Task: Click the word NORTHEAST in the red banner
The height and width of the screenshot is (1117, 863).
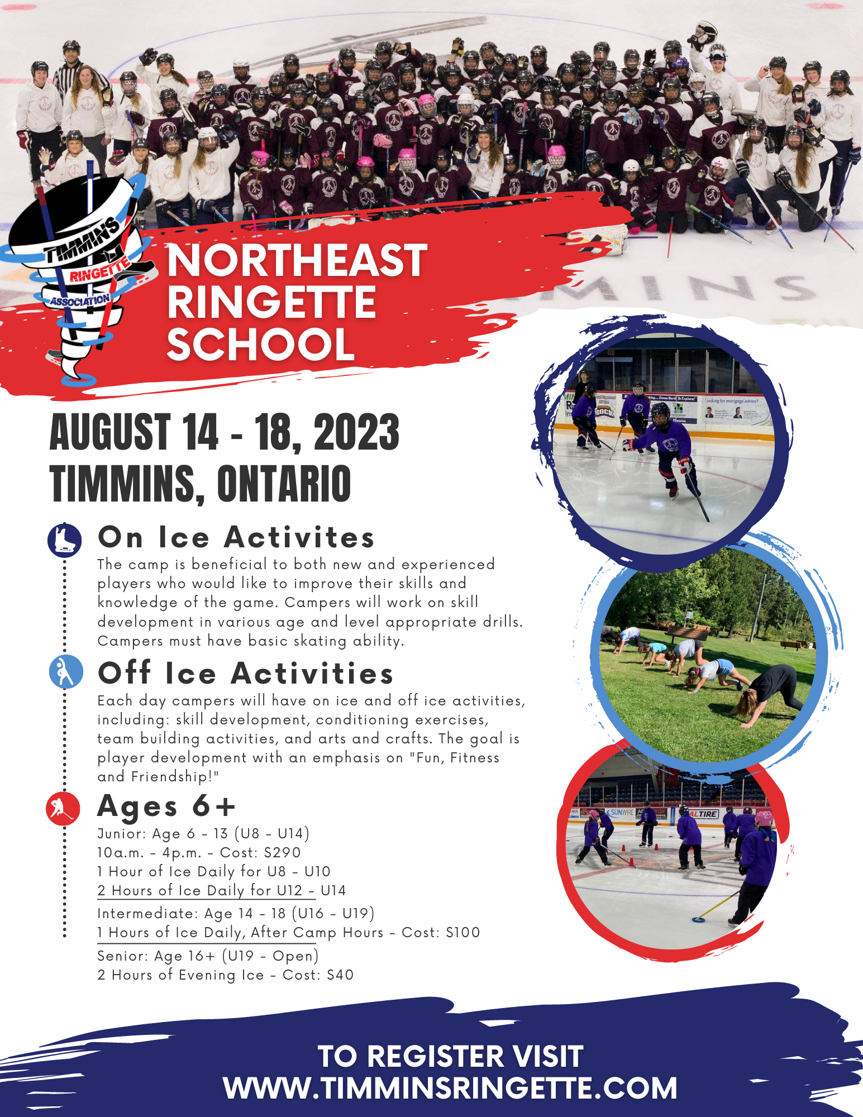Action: tap(297, 260)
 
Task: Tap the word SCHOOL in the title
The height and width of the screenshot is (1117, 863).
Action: tap(261, 344)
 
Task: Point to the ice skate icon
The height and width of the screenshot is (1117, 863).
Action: tap(65, 540)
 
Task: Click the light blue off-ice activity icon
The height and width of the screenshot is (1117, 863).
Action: tap(66, 671)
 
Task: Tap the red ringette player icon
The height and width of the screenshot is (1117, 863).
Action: tap(63, 808)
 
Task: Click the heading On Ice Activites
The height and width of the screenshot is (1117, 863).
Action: tap(236, 537)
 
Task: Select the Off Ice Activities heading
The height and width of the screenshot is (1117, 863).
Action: tap(246, 673)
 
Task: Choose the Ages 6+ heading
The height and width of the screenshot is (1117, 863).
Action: tap(166, 806)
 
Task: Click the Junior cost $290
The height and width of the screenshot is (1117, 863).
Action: tap(283, 853)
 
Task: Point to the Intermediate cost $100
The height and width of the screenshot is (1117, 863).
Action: tap(463, 933)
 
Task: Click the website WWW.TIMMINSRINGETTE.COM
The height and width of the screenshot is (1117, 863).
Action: tap(450, 1088)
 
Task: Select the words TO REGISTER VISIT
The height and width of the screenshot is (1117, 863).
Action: tap(450, 1057)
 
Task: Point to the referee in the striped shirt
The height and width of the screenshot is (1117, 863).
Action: tap(70, 84)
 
